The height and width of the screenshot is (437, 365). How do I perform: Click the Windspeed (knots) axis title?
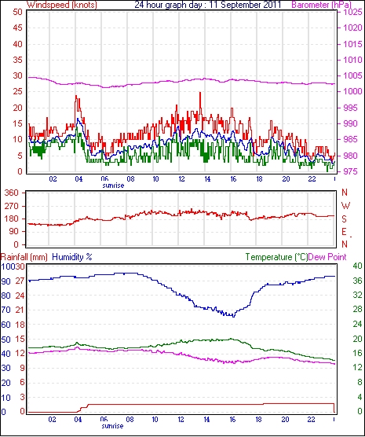62,5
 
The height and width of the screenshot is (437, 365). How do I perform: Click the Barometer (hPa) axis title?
321,5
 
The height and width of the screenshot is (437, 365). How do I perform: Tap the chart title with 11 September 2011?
208,5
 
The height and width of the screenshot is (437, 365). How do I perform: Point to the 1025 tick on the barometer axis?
352,13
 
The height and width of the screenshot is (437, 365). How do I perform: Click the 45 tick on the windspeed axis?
17,28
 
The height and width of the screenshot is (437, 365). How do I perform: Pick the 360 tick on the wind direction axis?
12,193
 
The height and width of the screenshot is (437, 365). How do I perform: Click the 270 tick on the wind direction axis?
12,206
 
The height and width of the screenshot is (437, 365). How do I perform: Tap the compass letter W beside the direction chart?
345,206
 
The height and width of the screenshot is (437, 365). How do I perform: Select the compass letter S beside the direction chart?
345,219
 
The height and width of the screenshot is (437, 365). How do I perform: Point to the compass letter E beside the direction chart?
345,232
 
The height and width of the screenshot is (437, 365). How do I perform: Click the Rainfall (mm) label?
24,257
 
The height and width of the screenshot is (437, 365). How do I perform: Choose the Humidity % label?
72,257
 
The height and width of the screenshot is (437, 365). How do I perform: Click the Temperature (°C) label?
276,257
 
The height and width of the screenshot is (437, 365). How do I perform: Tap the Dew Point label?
327,257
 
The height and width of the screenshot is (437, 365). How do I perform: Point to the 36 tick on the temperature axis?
357,281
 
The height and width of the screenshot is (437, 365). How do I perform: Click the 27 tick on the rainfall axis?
20,281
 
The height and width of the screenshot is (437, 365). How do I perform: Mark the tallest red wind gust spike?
200,93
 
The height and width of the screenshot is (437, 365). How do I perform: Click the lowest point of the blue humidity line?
234,317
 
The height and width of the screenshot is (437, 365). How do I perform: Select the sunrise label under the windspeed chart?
113,185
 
